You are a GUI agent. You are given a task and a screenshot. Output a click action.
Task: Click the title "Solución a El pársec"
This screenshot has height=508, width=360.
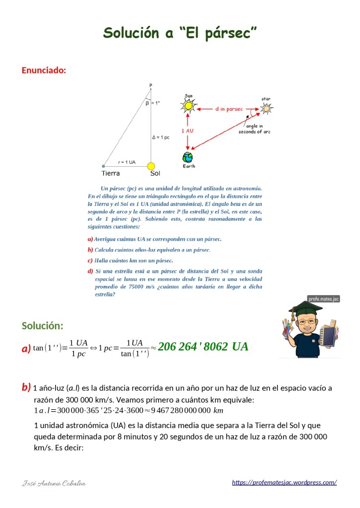pos(180,33)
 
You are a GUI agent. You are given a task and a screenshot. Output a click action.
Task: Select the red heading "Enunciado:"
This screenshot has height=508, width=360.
pos(44,70)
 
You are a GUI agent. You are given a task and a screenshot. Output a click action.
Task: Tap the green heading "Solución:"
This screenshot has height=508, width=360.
pos(42,326)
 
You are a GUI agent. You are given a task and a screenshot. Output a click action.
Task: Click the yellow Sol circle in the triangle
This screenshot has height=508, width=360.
pos(151,166)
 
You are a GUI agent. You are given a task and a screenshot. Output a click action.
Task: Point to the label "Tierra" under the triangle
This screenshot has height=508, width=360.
pos(110,174)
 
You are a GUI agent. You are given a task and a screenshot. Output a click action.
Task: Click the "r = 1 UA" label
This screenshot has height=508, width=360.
pos(127,162)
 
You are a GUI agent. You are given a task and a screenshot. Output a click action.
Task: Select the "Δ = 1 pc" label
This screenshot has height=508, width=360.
pos(160,137)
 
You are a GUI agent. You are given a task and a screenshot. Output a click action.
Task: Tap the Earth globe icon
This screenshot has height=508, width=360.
pos(188,158)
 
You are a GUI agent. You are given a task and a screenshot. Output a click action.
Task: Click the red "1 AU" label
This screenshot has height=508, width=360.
pos(187,130)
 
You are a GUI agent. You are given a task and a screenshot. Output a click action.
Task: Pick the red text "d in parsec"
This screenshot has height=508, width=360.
pos(229,108)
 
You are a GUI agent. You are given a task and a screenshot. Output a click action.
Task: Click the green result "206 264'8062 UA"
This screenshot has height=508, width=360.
pos(203,347)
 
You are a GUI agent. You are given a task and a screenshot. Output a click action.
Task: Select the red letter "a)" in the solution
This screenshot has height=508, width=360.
pos(26,348)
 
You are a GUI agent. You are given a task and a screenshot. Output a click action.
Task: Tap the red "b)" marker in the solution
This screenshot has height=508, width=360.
pos(26,387)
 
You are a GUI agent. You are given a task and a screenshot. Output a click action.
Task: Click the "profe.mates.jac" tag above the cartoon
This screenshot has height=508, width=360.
pos(323,299)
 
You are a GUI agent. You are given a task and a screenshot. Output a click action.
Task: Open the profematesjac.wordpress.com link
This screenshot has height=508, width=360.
pos(285,482)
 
